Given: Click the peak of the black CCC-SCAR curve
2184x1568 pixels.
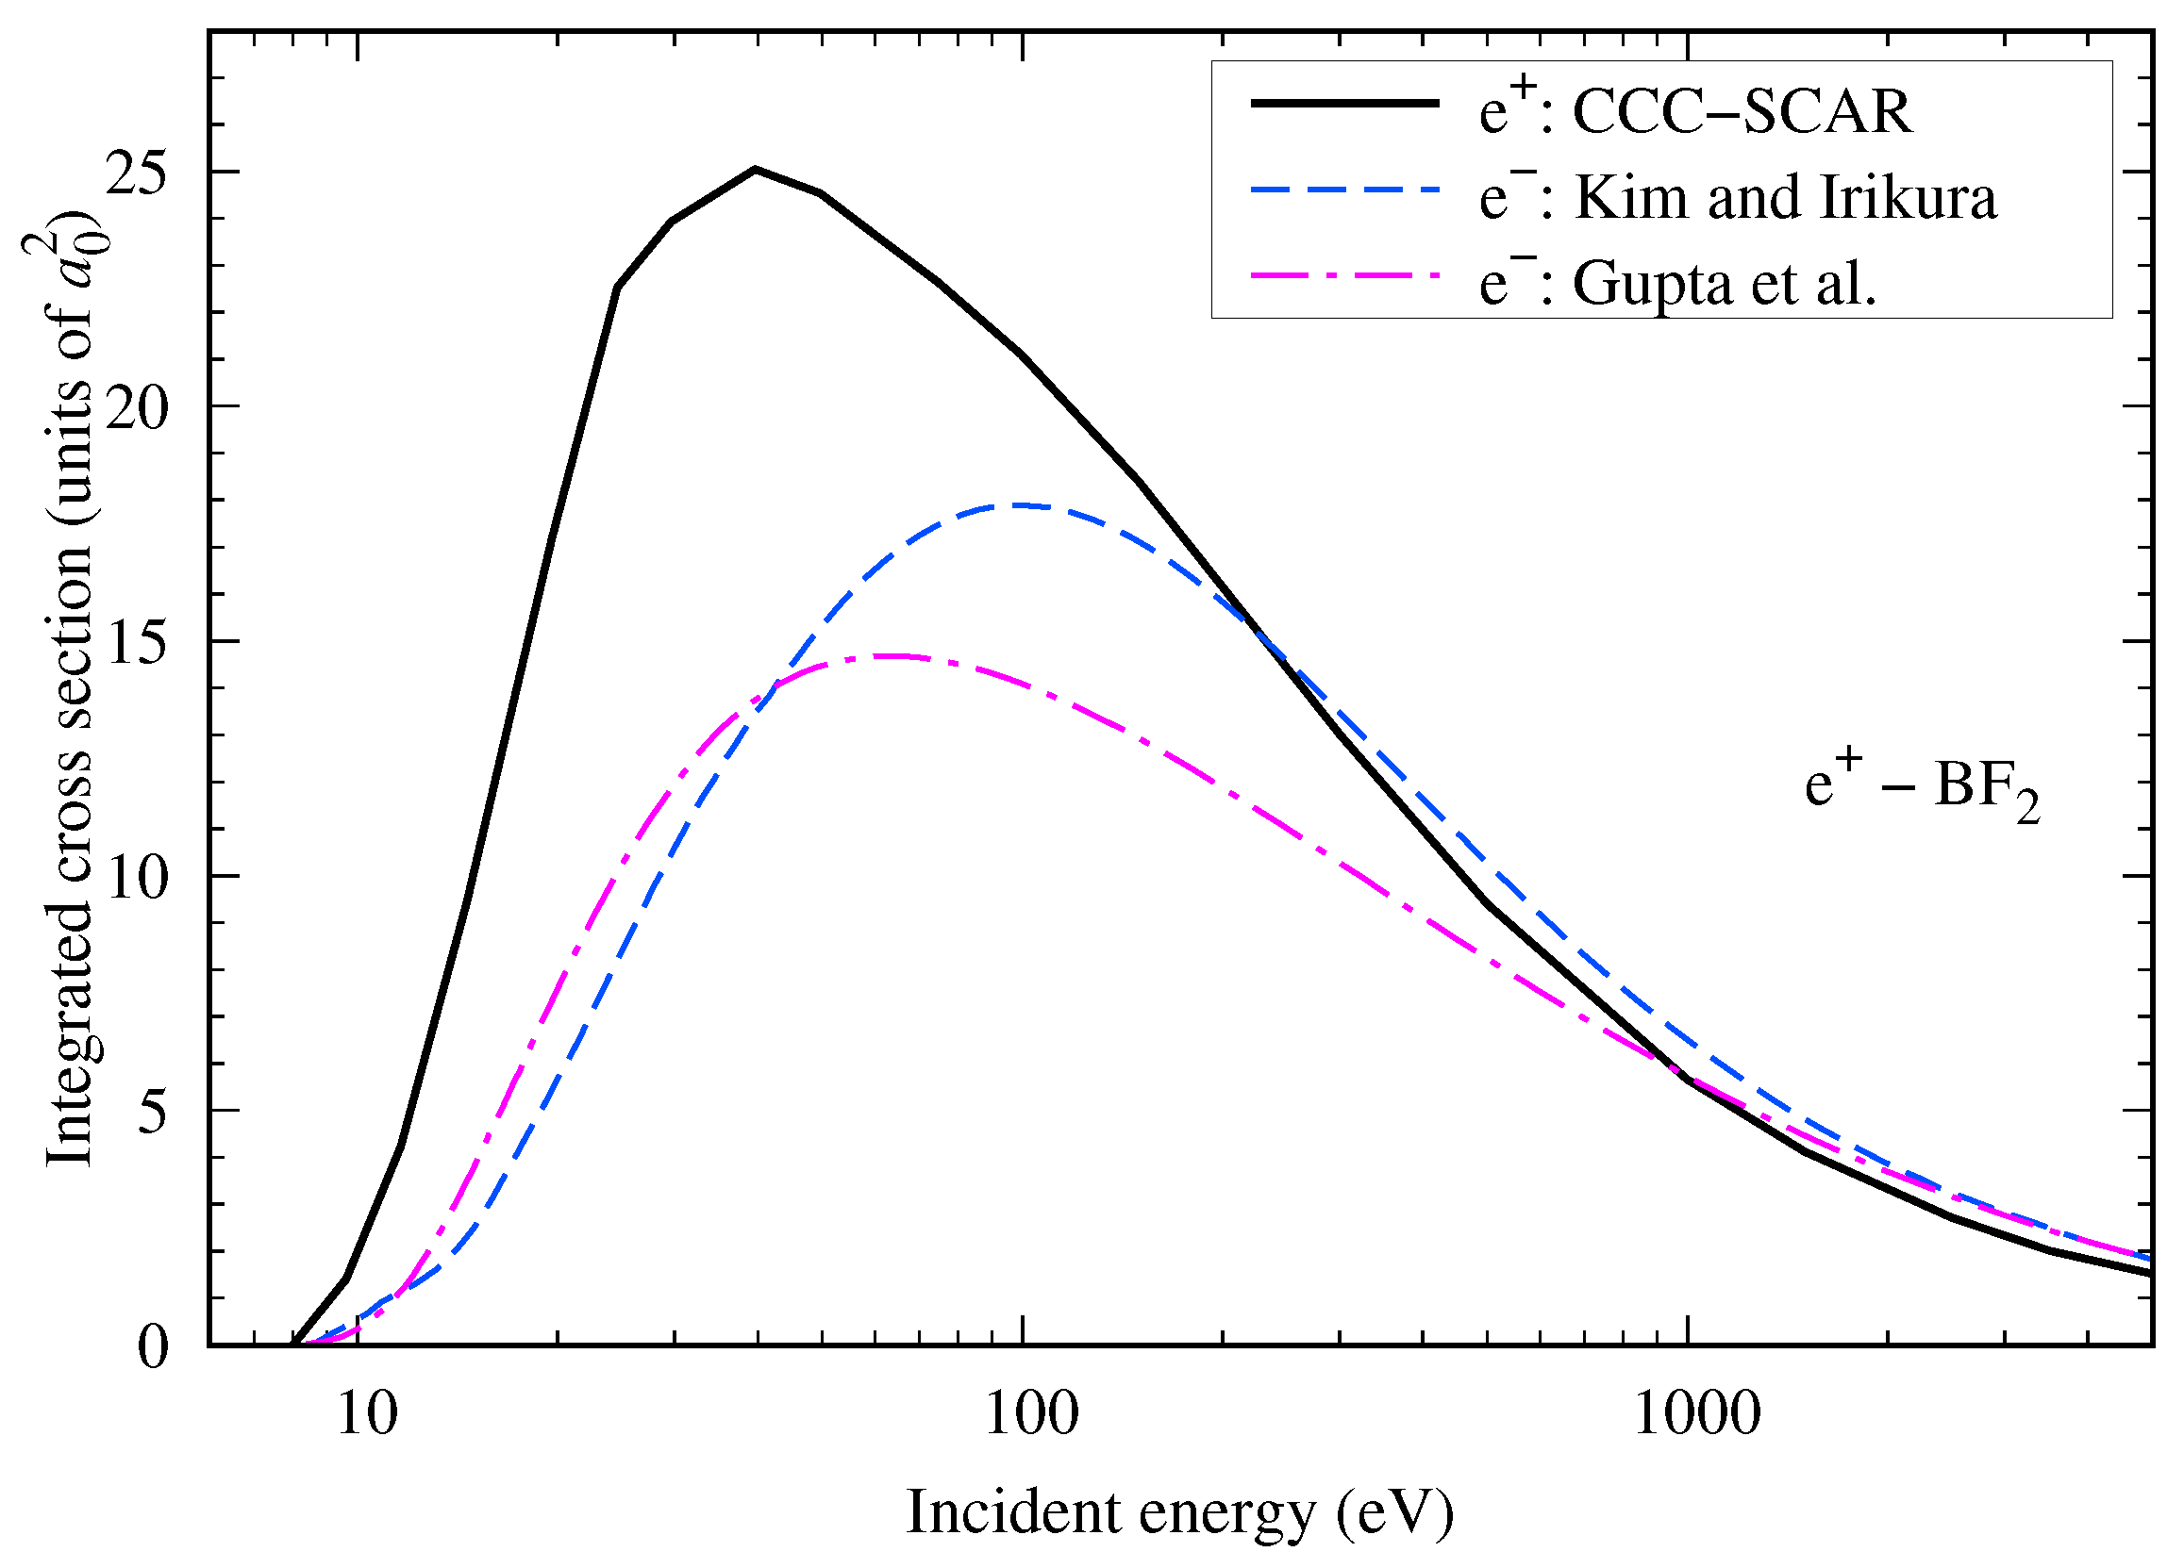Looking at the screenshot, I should coord(756,170).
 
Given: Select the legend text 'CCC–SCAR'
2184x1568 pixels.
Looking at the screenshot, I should coord(1741,112).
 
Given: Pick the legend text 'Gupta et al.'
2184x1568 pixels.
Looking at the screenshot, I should coord(1724,284).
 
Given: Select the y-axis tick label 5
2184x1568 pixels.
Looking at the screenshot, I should coord(152,1112).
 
